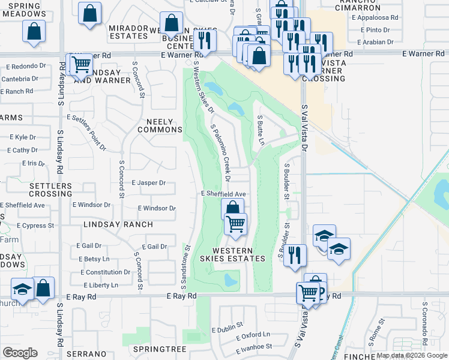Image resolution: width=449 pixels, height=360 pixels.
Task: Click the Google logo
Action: [20, 353]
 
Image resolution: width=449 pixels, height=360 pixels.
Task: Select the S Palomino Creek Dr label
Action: [220, 152]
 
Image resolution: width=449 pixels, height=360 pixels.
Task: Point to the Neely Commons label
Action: [160, 125]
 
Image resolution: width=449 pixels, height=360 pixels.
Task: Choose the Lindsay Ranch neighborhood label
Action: [118, 224]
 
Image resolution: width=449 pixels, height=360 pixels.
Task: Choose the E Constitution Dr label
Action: [103, 272]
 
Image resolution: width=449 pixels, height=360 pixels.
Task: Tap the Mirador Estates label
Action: [128, 32]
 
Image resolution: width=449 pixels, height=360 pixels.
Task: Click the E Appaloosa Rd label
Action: [375, 18]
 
